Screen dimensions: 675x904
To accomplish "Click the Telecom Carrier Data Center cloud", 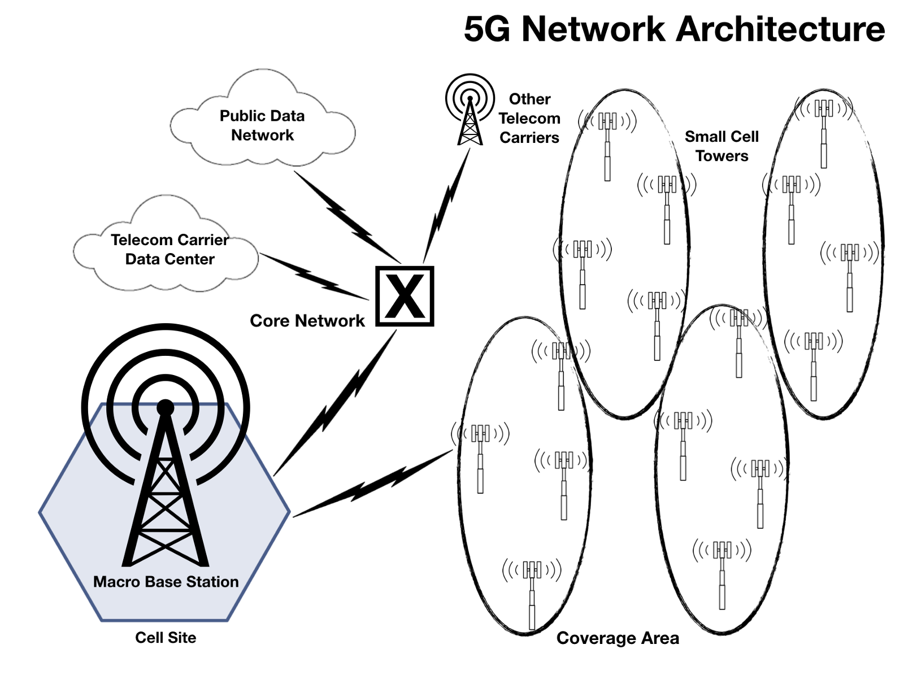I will [169, 249].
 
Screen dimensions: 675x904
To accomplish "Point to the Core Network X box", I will [405, 296].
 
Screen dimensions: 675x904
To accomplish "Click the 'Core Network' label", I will [307, 321].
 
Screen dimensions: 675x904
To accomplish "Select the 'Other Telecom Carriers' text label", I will [529, 119].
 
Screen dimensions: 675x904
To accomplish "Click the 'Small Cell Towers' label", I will [722, 146].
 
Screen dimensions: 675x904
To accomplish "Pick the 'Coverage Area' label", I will [618, 638].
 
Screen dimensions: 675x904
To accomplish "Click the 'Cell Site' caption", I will [166, 638].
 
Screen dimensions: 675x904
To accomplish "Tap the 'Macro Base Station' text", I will [166, 582].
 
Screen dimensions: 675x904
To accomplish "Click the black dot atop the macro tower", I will [165, 407].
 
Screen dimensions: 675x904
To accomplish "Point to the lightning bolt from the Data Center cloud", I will [314, 277].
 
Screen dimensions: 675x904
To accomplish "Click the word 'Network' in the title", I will [593, 29].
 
